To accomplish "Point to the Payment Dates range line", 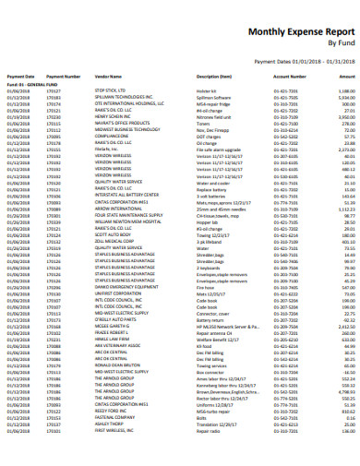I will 305,61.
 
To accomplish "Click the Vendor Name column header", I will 108,77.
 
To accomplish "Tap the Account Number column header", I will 289,77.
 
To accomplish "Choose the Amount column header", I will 347,77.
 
